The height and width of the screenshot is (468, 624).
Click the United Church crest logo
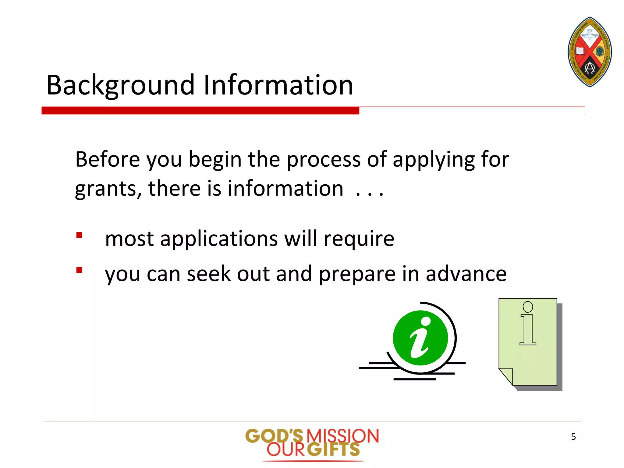tap(590, 52)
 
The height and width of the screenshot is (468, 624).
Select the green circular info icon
tap(420, 338)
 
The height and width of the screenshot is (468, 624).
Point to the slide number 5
tap(573, 437)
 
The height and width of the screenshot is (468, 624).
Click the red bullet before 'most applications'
tap(80, 235)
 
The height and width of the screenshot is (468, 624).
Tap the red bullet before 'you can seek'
tap(80, 270)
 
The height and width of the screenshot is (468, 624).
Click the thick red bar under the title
tap(200, 111)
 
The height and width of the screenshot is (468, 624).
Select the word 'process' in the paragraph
tap(323, 160)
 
